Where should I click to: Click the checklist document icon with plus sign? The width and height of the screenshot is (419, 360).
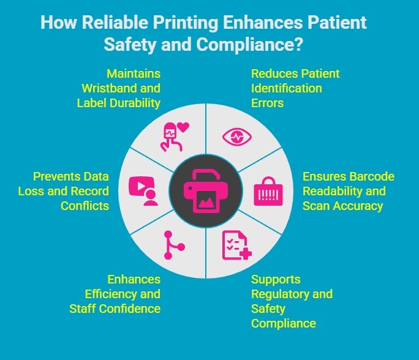(x=235, y=245)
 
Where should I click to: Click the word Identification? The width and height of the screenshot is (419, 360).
(x=287, y=88)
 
